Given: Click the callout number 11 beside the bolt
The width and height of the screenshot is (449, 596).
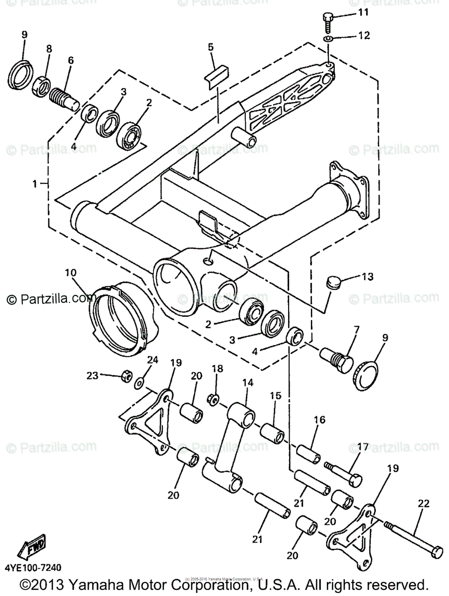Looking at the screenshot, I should (x=364, y=12).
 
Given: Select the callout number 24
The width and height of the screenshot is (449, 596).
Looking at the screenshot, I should (x=152, y=360).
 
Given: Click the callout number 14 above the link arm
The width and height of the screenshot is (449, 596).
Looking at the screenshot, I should (x=248, y=383).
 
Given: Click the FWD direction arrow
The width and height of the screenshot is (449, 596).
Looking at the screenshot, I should (x=32, y=550).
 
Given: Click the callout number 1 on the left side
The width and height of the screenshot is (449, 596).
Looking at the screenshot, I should (x=34, y=184).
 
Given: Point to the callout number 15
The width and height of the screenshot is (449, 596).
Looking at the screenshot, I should (x=276, y=396).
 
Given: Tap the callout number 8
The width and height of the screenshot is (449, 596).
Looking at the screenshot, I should (x=49, y=49).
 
